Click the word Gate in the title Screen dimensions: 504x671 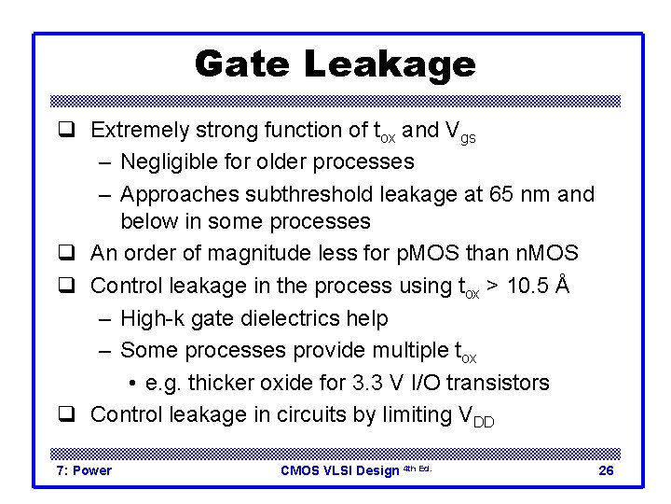point(243,64)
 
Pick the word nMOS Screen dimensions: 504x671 point(546,253)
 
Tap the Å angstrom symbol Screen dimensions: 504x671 point(562,284)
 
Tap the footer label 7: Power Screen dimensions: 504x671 point(84,470)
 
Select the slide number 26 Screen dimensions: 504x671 point(606,470)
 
